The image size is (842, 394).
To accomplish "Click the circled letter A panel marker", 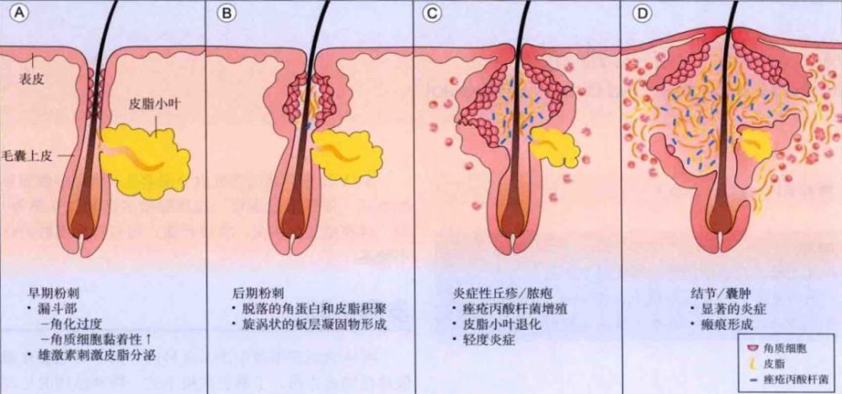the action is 20,13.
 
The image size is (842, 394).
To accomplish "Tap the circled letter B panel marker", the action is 227,13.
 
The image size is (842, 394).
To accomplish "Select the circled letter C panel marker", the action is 431,13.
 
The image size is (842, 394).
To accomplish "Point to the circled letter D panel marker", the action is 641,13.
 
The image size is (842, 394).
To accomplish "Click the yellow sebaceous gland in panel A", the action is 145,159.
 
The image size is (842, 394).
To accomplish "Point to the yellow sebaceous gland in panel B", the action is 347,155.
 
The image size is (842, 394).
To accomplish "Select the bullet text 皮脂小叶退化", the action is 502,325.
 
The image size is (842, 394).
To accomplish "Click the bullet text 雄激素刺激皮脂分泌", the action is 96,354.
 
